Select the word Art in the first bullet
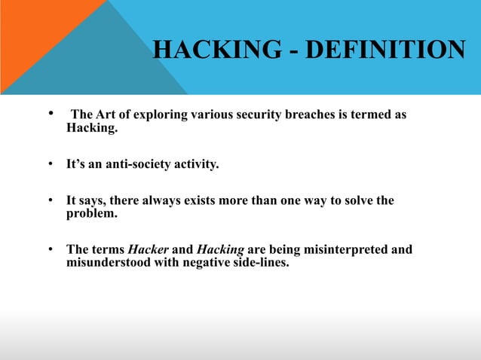(107, 115)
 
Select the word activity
(195, 160)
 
